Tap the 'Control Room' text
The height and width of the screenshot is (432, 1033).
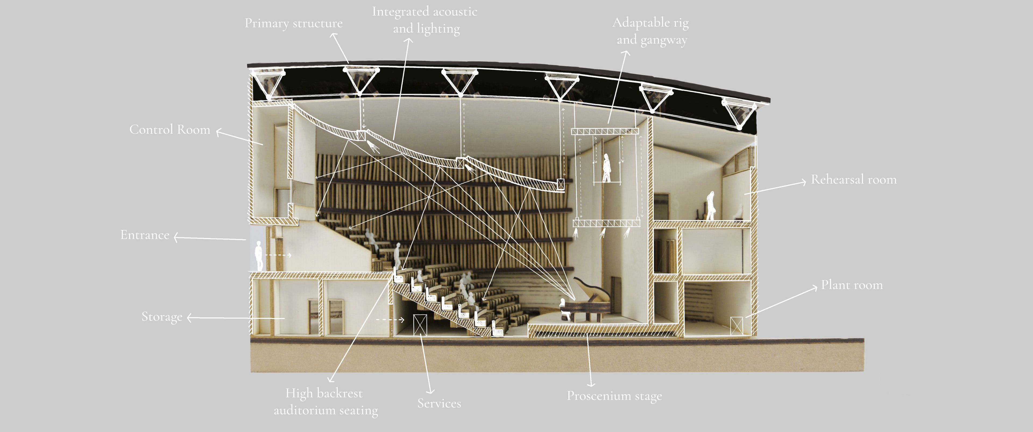pos(170,129)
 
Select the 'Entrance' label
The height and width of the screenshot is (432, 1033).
pos(145,235)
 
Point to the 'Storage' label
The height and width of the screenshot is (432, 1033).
pos(162,317)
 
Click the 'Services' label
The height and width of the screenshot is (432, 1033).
pos(439,403)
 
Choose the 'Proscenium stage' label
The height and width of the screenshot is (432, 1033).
pos(614,396)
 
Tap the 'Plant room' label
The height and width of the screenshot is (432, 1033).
pos(852,285)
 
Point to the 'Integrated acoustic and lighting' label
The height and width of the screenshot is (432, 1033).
pos(425,20)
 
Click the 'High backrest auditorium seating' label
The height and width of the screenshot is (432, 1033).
pos(325,402)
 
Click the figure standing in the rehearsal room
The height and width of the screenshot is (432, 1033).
pos(710,205)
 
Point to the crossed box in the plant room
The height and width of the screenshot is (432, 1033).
pos(736,325)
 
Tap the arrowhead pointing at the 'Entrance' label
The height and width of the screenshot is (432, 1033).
pos(176,237)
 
